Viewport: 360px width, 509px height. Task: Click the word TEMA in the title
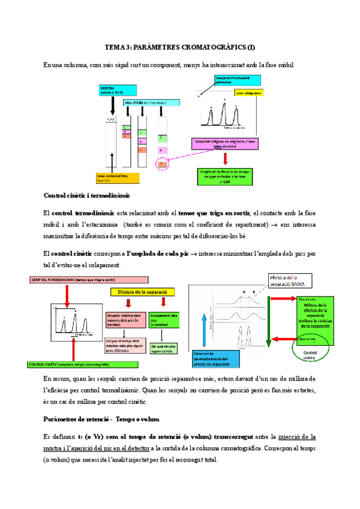[x=113, y=47]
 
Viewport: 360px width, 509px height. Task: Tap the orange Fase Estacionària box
[x=118, y=177]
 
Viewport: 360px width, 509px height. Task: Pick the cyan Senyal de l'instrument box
[x=237, y=80]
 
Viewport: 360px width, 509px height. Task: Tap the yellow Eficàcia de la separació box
[x=142, y=291]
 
